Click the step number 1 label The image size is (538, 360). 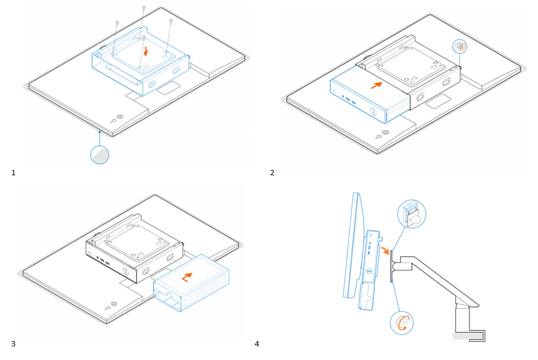point(14,173)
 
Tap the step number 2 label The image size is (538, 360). point(272,173)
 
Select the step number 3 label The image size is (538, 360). point(13,344)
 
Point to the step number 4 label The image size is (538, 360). point(257,344)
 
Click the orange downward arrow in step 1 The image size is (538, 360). point(146,52)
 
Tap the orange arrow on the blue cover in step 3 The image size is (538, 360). point(188,276)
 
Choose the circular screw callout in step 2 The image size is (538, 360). point(460,46)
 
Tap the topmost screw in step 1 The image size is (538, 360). point(144,8)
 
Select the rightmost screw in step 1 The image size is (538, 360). point(170,22)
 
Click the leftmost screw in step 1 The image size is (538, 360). point(117,23)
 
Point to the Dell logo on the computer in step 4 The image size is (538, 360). point(367,274)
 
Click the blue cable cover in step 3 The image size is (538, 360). point(192,283)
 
